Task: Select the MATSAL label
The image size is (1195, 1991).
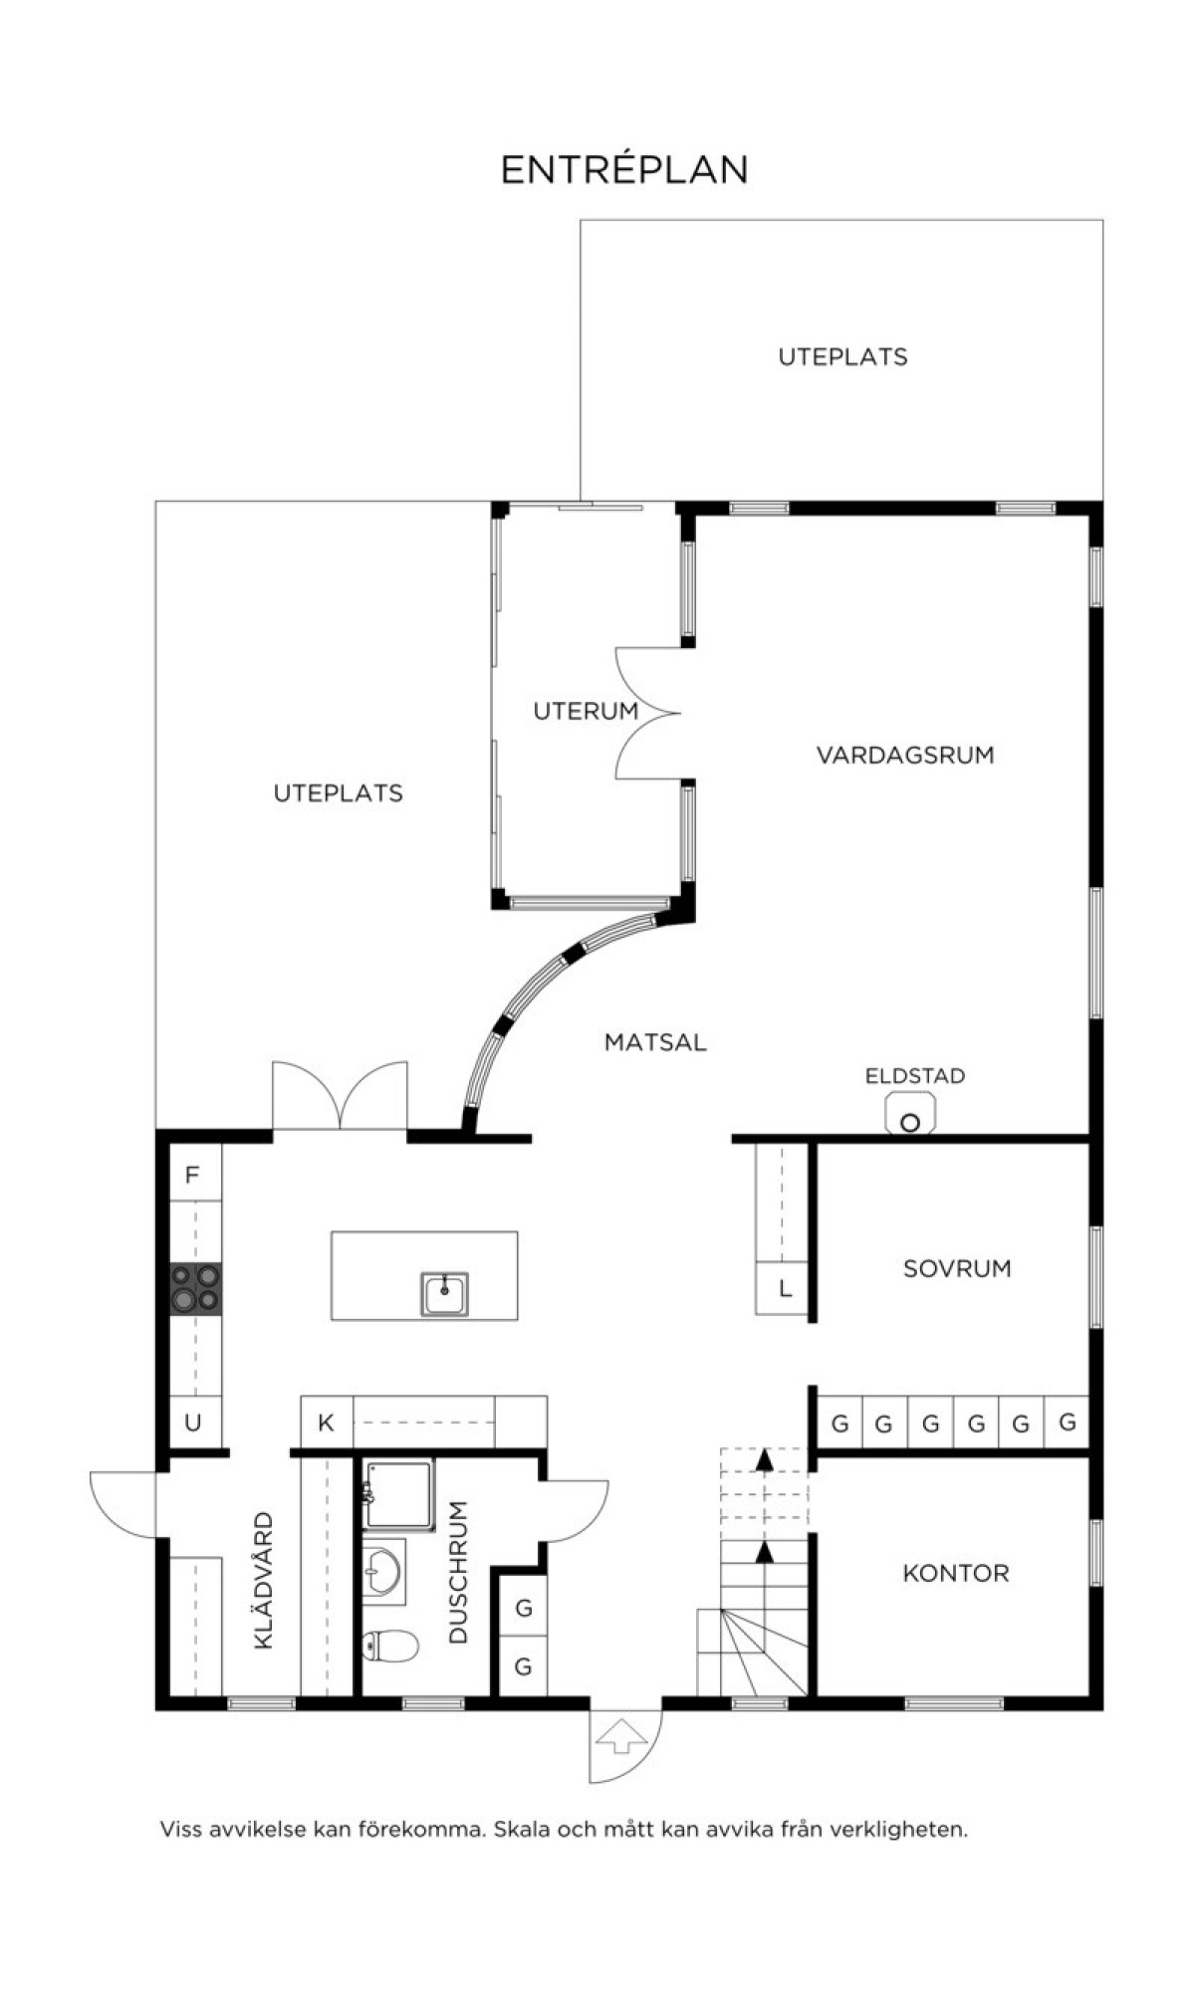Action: coord(655,1042)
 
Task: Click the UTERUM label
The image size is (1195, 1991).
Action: coord(586,711)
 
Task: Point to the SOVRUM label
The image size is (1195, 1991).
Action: coord(957,1268)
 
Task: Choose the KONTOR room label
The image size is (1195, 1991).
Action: coord(956,1573)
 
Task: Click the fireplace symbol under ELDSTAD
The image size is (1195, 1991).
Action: coord(910,1113)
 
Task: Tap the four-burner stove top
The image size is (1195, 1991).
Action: coord(195,1287)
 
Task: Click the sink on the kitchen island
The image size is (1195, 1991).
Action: coord(444,1294)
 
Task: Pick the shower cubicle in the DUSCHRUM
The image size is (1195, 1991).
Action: coord(398,1494)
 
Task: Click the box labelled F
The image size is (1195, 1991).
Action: coord(194,1174)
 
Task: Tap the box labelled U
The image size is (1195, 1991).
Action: coord(194,1423)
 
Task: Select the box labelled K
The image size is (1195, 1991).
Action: coord(327,1423)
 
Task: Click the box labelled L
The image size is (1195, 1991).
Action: coord(784,1289)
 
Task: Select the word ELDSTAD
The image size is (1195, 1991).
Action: coord(914,1075)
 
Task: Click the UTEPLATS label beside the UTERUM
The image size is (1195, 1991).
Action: coord(339,792)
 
